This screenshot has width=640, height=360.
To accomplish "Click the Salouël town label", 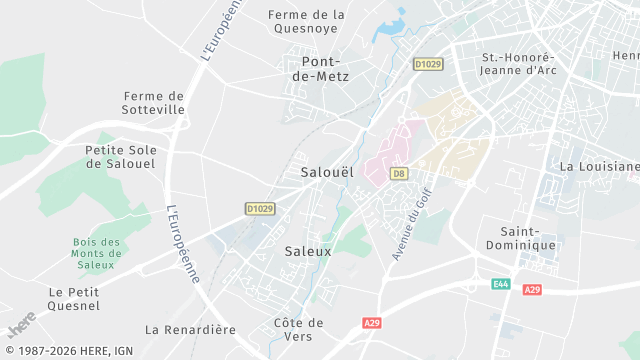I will pos(327,172).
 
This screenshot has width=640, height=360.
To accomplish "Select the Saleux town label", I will pos(307,252).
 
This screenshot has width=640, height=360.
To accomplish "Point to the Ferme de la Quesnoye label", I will pos(308,21).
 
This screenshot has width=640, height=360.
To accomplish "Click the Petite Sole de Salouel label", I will pos(118,157).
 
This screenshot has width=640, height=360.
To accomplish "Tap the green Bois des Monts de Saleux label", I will pos(97,253).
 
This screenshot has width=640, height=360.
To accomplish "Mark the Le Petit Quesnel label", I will pos(74,299).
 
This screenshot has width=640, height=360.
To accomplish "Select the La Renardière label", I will pos(190,329).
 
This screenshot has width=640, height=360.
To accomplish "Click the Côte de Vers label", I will pos(299,329).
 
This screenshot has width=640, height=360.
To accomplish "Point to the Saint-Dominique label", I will pos(520,238).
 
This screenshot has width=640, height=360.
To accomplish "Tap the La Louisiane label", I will pos(599,166).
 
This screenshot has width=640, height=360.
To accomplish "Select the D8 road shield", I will pos(399,173).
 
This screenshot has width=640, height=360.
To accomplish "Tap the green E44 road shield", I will pos(500,285).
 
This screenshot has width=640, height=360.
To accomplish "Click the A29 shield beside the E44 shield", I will pos(531,289).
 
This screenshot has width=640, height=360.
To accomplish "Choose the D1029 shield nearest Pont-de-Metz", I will pos(427,64).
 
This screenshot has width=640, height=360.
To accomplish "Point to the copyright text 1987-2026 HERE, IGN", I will pos(69,351).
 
